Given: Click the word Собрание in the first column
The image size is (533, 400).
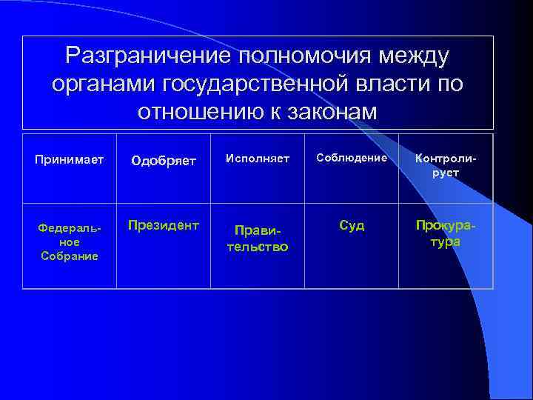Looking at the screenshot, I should click(69, 256).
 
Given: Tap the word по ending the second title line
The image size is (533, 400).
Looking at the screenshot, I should click(451, 84).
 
